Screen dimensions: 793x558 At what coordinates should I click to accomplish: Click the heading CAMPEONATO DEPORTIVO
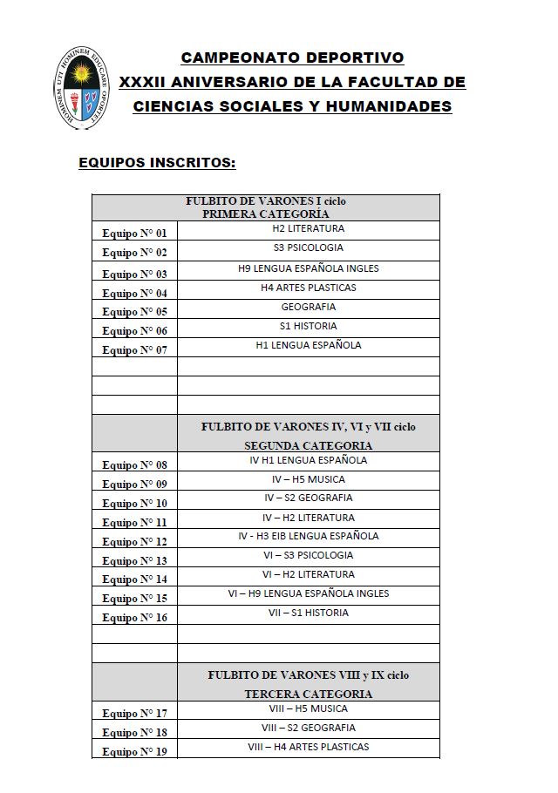(x=292, y=58)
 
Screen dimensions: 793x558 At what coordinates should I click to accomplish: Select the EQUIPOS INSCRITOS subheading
(x=157, y=162)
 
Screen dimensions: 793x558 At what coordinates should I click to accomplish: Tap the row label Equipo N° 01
(x=134, y=234)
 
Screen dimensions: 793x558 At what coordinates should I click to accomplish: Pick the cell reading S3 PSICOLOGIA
(x=308, y=248)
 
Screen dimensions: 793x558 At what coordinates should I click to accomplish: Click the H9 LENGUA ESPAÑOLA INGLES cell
(x=308, y=268)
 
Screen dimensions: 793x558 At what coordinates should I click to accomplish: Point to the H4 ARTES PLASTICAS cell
(x=308, y=288)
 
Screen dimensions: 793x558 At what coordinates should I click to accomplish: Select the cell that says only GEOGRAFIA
(x=308, y=307)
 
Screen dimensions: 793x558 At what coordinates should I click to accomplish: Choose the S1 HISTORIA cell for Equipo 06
(x=308, y=326)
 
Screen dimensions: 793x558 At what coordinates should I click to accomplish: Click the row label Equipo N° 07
(x=134, y=350)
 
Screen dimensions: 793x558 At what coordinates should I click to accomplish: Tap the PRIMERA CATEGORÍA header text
(x=266, y=213)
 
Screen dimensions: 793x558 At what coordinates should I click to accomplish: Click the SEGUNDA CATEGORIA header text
(x=308, y=445)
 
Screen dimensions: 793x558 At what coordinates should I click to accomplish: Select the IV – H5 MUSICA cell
(x=308, y=479)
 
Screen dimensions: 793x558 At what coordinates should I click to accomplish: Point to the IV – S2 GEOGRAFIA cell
(x=308, y=498)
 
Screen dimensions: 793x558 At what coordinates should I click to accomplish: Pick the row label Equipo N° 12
(x=134, y=542)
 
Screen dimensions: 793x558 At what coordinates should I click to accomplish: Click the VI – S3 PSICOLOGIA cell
(x=308, y=555)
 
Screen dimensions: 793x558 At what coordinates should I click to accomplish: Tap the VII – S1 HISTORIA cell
(x=308, y=613)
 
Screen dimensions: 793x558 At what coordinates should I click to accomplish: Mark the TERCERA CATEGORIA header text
(x=308, y=694)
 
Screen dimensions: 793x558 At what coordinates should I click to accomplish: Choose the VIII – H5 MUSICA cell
(x=308, y=708)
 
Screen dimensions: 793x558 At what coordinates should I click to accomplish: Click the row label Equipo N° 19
(x=134, y=751)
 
